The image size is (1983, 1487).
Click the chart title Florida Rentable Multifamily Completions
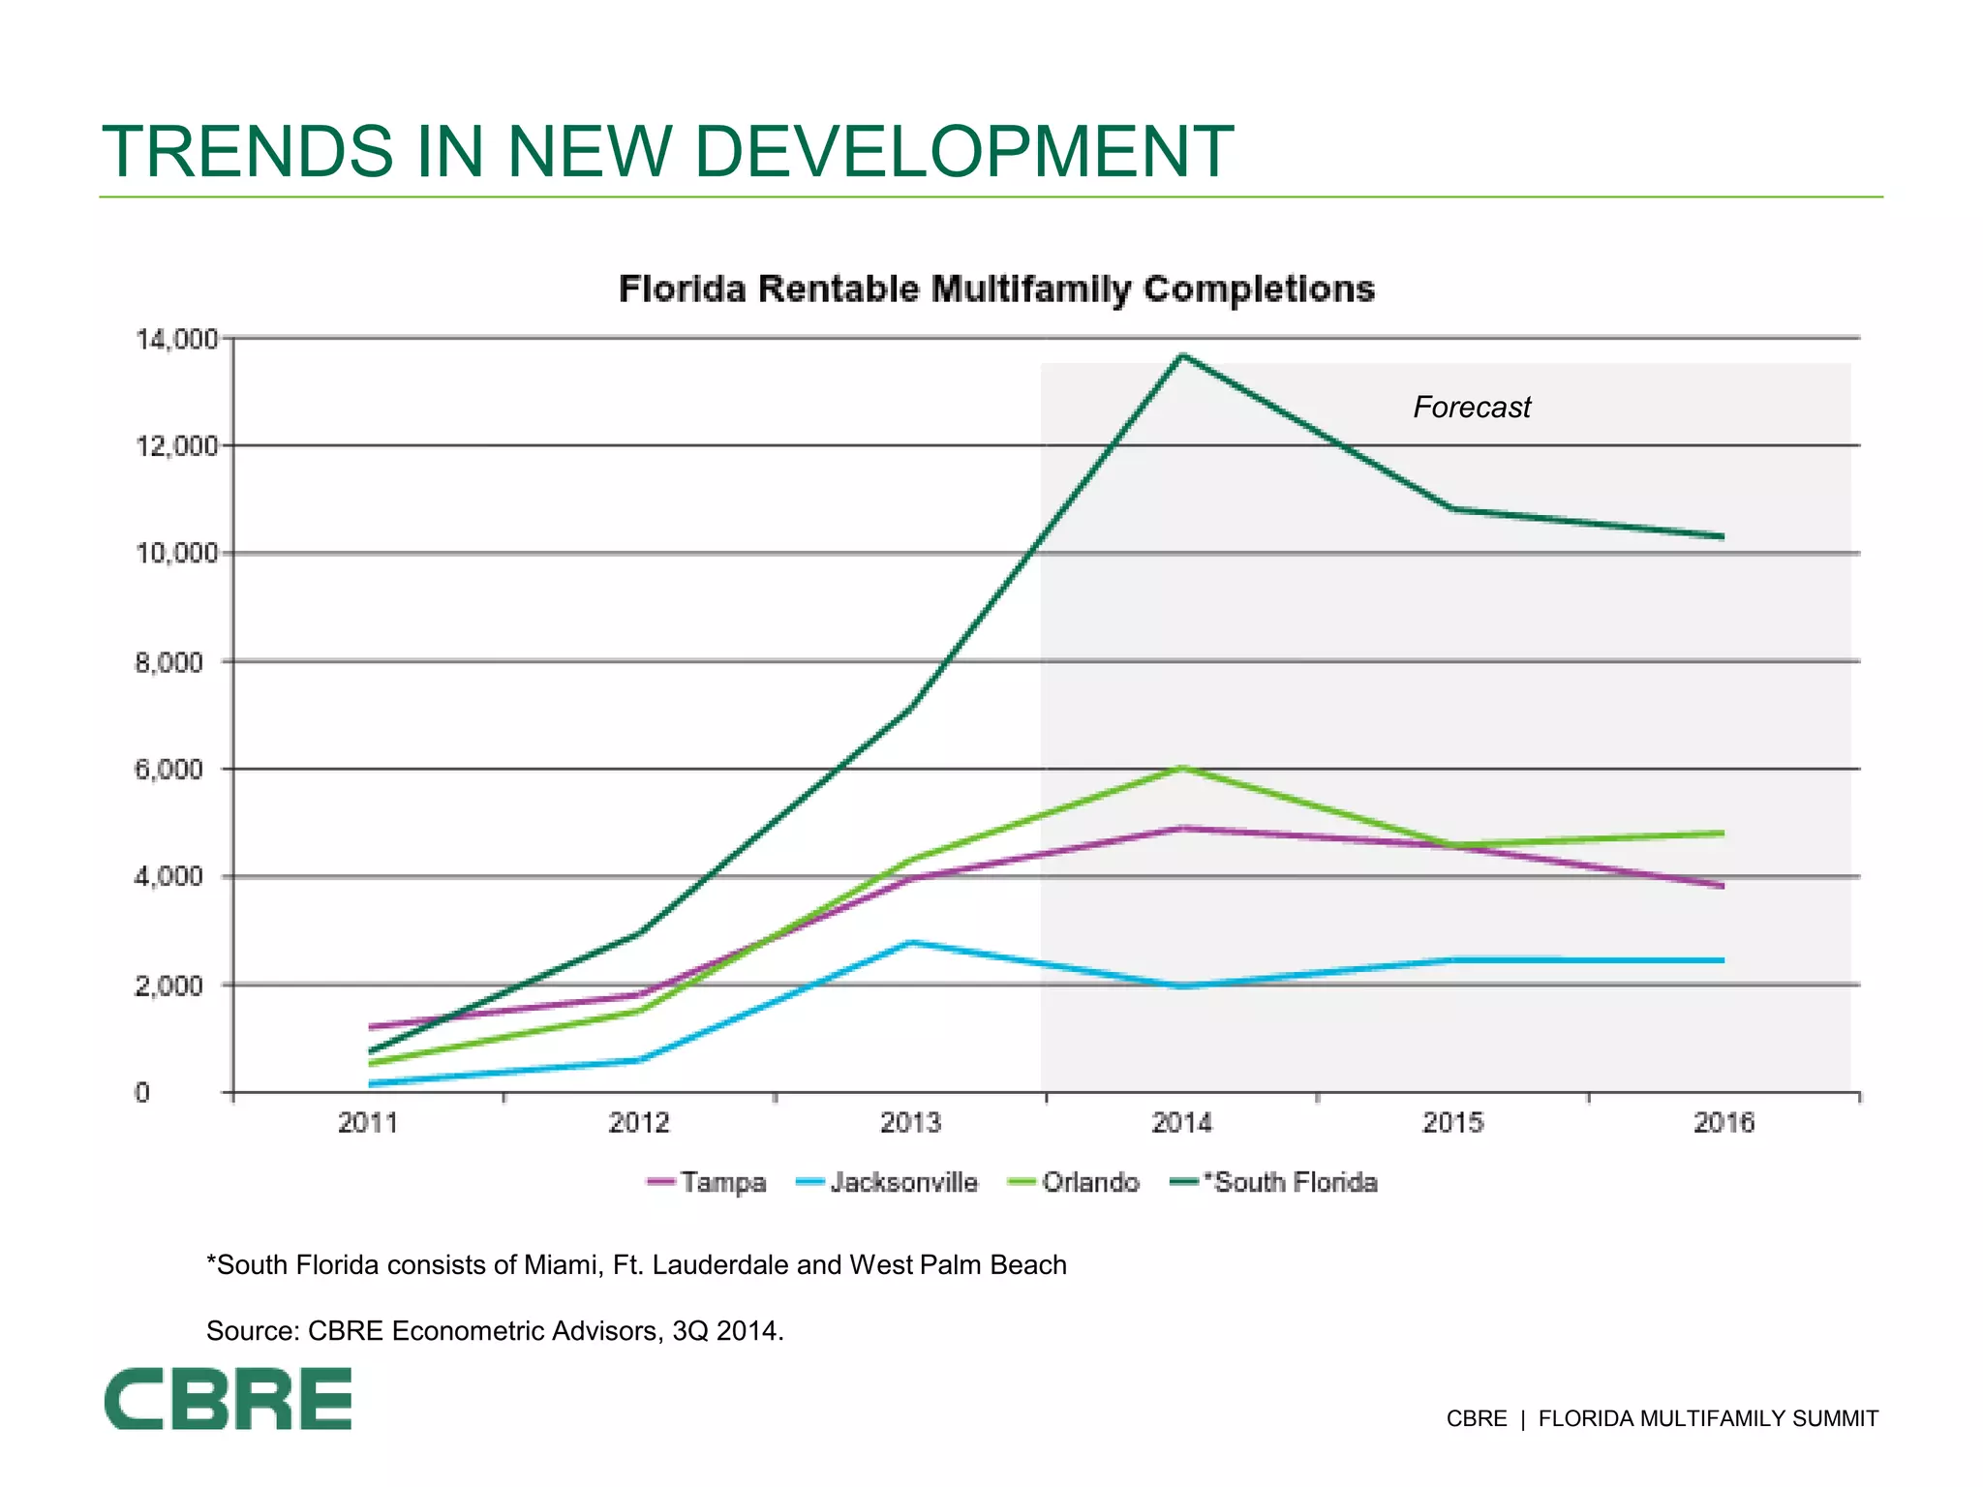[996, 289]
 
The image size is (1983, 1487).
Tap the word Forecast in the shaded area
[1471, 408]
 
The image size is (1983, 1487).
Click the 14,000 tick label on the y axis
[176, 340]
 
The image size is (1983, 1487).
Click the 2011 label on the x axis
[368, 1123]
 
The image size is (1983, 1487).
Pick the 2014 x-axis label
[1181, 1123]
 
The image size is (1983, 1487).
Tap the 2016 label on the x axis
[1724, 1123]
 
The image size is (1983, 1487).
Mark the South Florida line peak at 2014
[1182, 355]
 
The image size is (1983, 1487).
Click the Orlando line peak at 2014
[1182, 768]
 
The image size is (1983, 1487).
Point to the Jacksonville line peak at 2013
[911, 941]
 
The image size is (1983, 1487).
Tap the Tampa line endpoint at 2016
[1722, 885]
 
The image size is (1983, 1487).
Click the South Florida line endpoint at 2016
[1722, 536]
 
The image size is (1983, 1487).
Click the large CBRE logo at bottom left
[229, 1399]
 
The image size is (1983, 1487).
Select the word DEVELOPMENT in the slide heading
[963, 152]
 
